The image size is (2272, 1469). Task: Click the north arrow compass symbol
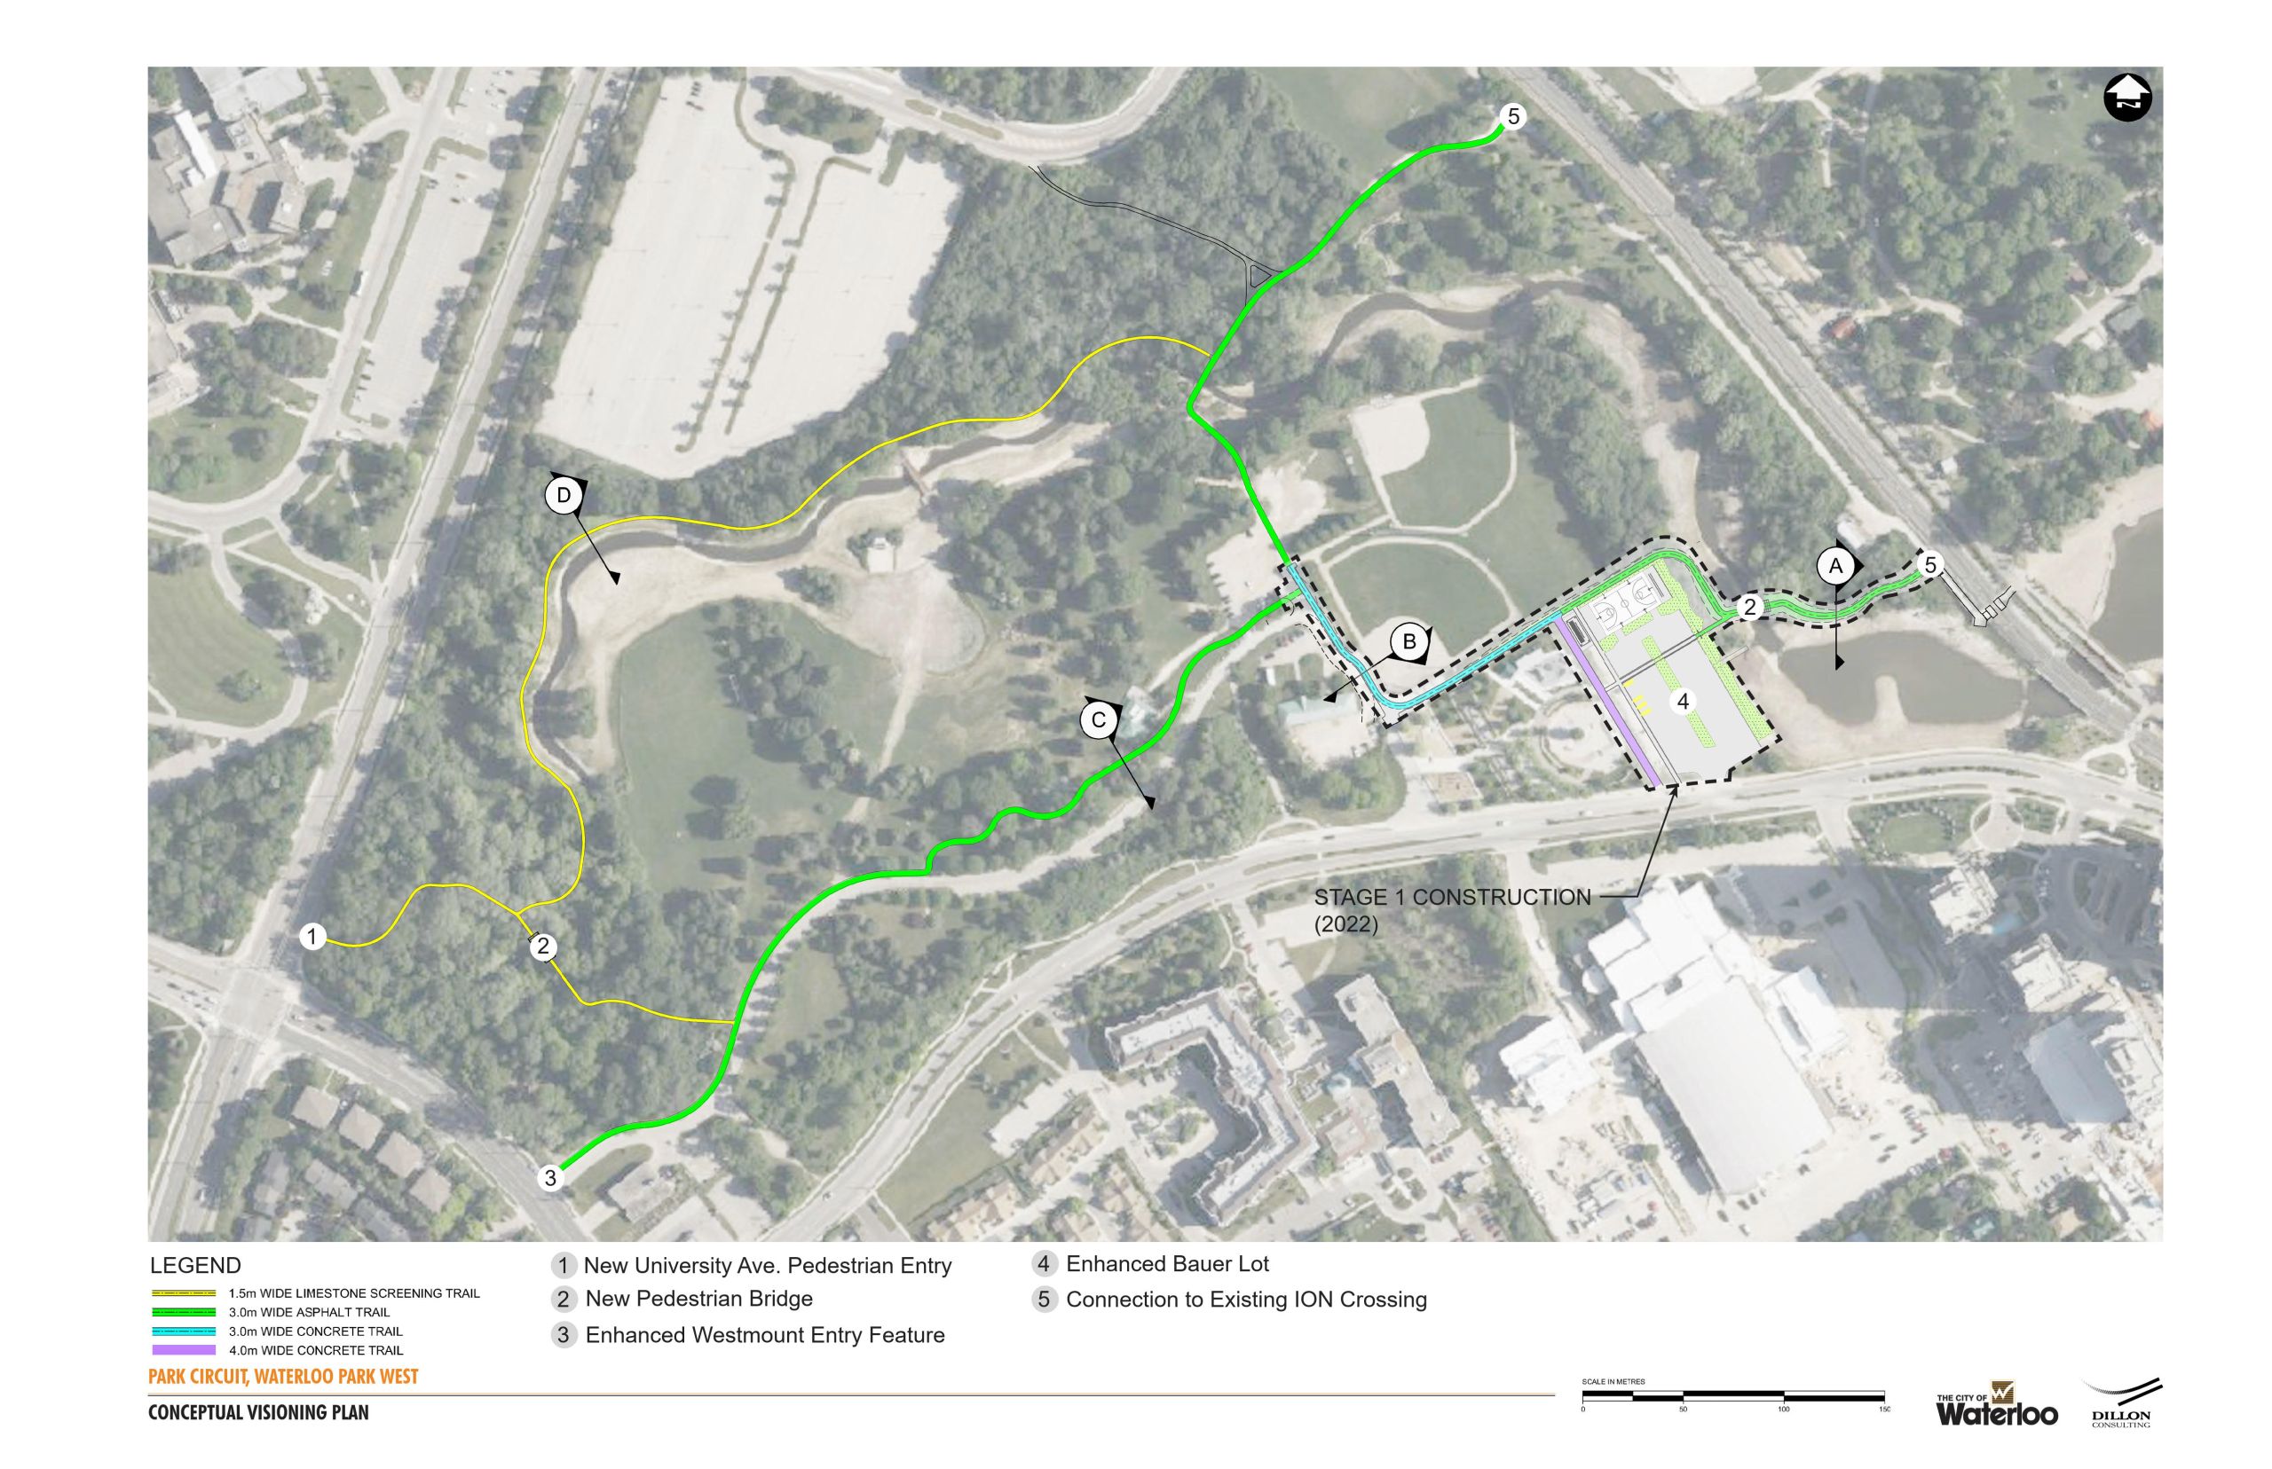[2127, 98]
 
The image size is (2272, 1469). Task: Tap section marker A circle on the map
[1834, 566]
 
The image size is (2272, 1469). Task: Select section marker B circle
[1408, 642]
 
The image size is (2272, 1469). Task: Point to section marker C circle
[1099, 719]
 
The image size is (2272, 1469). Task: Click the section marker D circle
[564, 495]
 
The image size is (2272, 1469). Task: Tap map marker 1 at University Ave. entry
[313, 937]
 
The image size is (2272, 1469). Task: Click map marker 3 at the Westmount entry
[549, 1178]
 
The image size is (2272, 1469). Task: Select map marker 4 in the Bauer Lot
[1683, 701]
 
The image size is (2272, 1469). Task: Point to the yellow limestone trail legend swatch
[183, 1293]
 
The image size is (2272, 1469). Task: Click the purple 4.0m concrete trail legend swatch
[183, 1350]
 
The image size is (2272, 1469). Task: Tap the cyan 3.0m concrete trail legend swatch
[183, 1331]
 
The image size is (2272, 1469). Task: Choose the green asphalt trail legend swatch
[183, 1313]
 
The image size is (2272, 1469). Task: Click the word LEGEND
[195, 1266]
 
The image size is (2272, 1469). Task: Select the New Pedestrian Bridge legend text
[698, 1299]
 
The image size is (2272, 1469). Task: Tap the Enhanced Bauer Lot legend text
[1167, 1264]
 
